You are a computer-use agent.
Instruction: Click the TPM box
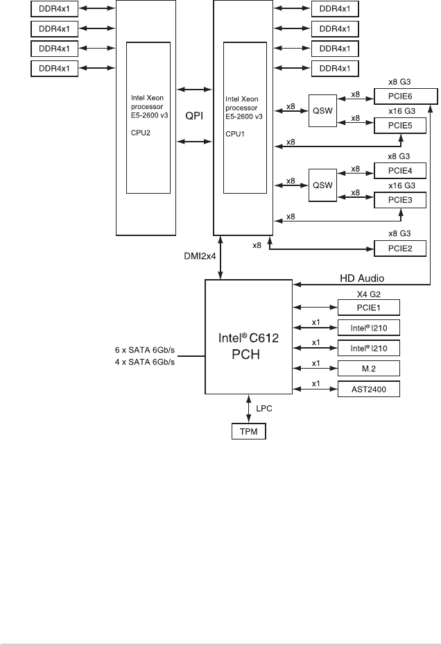[x=249, y=431]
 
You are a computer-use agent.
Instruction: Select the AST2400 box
[x=369, y=389]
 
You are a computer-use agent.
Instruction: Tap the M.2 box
[x=369, y=369]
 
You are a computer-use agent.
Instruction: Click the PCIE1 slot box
[x=369, y=308]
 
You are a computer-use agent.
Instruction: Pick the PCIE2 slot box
[x=400, y=249]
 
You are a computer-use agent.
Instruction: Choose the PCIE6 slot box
[x=406, y=97]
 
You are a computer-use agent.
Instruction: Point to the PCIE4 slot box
[x=400, y=171]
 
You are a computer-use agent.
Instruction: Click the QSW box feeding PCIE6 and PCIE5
[x=322, y=110]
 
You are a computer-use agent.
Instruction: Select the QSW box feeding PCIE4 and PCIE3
[x=322, y=185]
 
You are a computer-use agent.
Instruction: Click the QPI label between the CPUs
[x=194, y=115]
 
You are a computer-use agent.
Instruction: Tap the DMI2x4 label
[x=200, y=256]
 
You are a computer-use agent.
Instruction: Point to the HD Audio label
[x=362, y=278]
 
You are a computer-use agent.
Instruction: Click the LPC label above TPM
[x=264, y=408]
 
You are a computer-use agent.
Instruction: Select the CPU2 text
[x=141, y=133]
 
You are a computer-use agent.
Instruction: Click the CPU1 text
[x=235, y=134]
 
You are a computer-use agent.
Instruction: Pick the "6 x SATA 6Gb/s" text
[x=145, y=350]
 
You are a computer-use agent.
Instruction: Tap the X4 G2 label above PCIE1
[x=369, y=294]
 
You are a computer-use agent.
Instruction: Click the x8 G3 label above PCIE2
[x=399, y=233]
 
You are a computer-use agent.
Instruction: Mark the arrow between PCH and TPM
[x=249, y=409]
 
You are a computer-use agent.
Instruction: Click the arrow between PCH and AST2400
[x=315, y=389]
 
